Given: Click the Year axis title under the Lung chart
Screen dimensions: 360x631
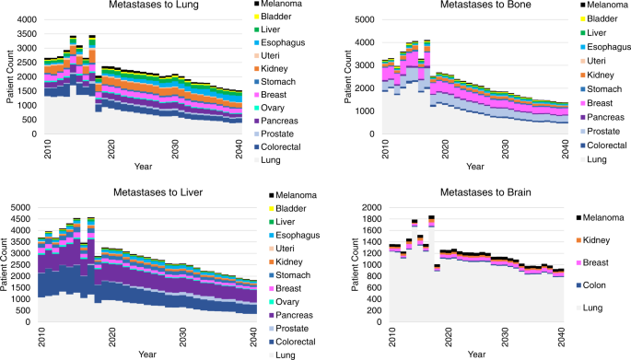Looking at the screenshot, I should pos(143,168).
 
